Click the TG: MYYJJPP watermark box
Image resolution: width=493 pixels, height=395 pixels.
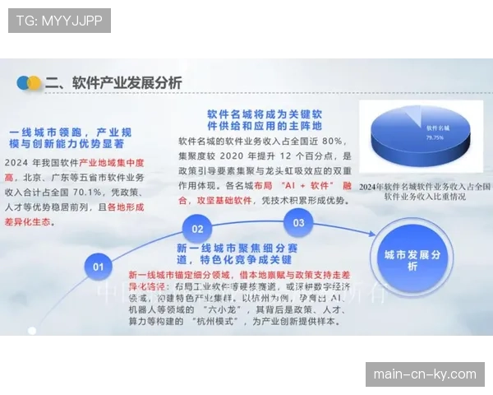pyautogui.click(x=59, y=21)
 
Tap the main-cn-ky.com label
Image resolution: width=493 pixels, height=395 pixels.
pyautogui.click(x=424, y=374)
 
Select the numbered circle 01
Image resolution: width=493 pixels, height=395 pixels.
pyautogui.click(x=99, y=266)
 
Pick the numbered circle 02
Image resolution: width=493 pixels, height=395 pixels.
pyautogui.click(x=197, y=228)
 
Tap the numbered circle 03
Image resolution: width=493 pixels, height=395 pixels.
pyautogui.click(x=298, y=222)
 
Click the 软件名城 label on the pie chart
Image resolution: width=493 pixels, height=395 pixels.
pyautogui.click(x=437, y=129)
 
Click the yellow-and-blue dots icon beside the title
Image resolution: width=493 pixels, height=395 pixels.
pyautogui.click(x=30, y=83)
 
